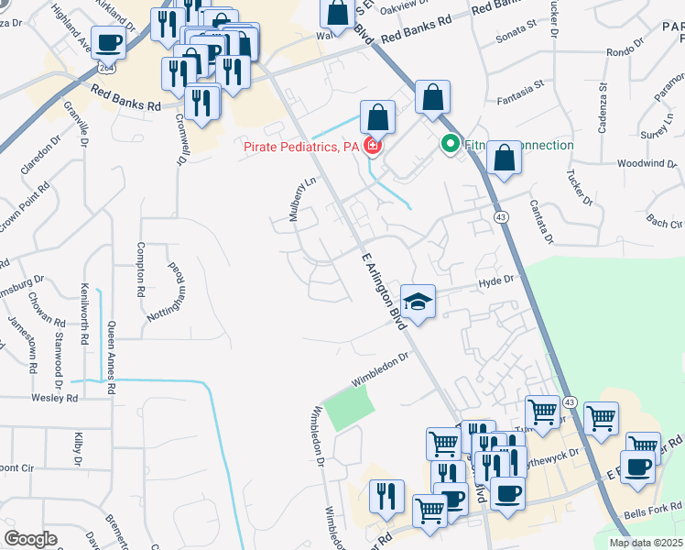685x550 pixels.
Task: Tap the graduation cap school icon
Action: click(x=417, y=302)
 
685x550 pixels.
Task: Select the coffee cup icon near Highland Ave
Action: click(x=109, y=42)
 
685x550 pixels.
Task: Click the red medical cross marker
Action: click(x=372, y=147)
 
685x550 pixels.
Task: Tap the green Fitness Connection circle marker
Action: click(x=450, y=144)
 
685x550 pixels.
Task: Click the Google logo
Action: click(x=30, y=539)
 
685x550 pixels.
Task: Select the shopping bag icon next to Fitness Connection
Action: click(x=505, y=159)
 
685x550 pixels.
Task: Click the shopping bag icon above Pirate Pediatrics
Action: click(x=377, y=117)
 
